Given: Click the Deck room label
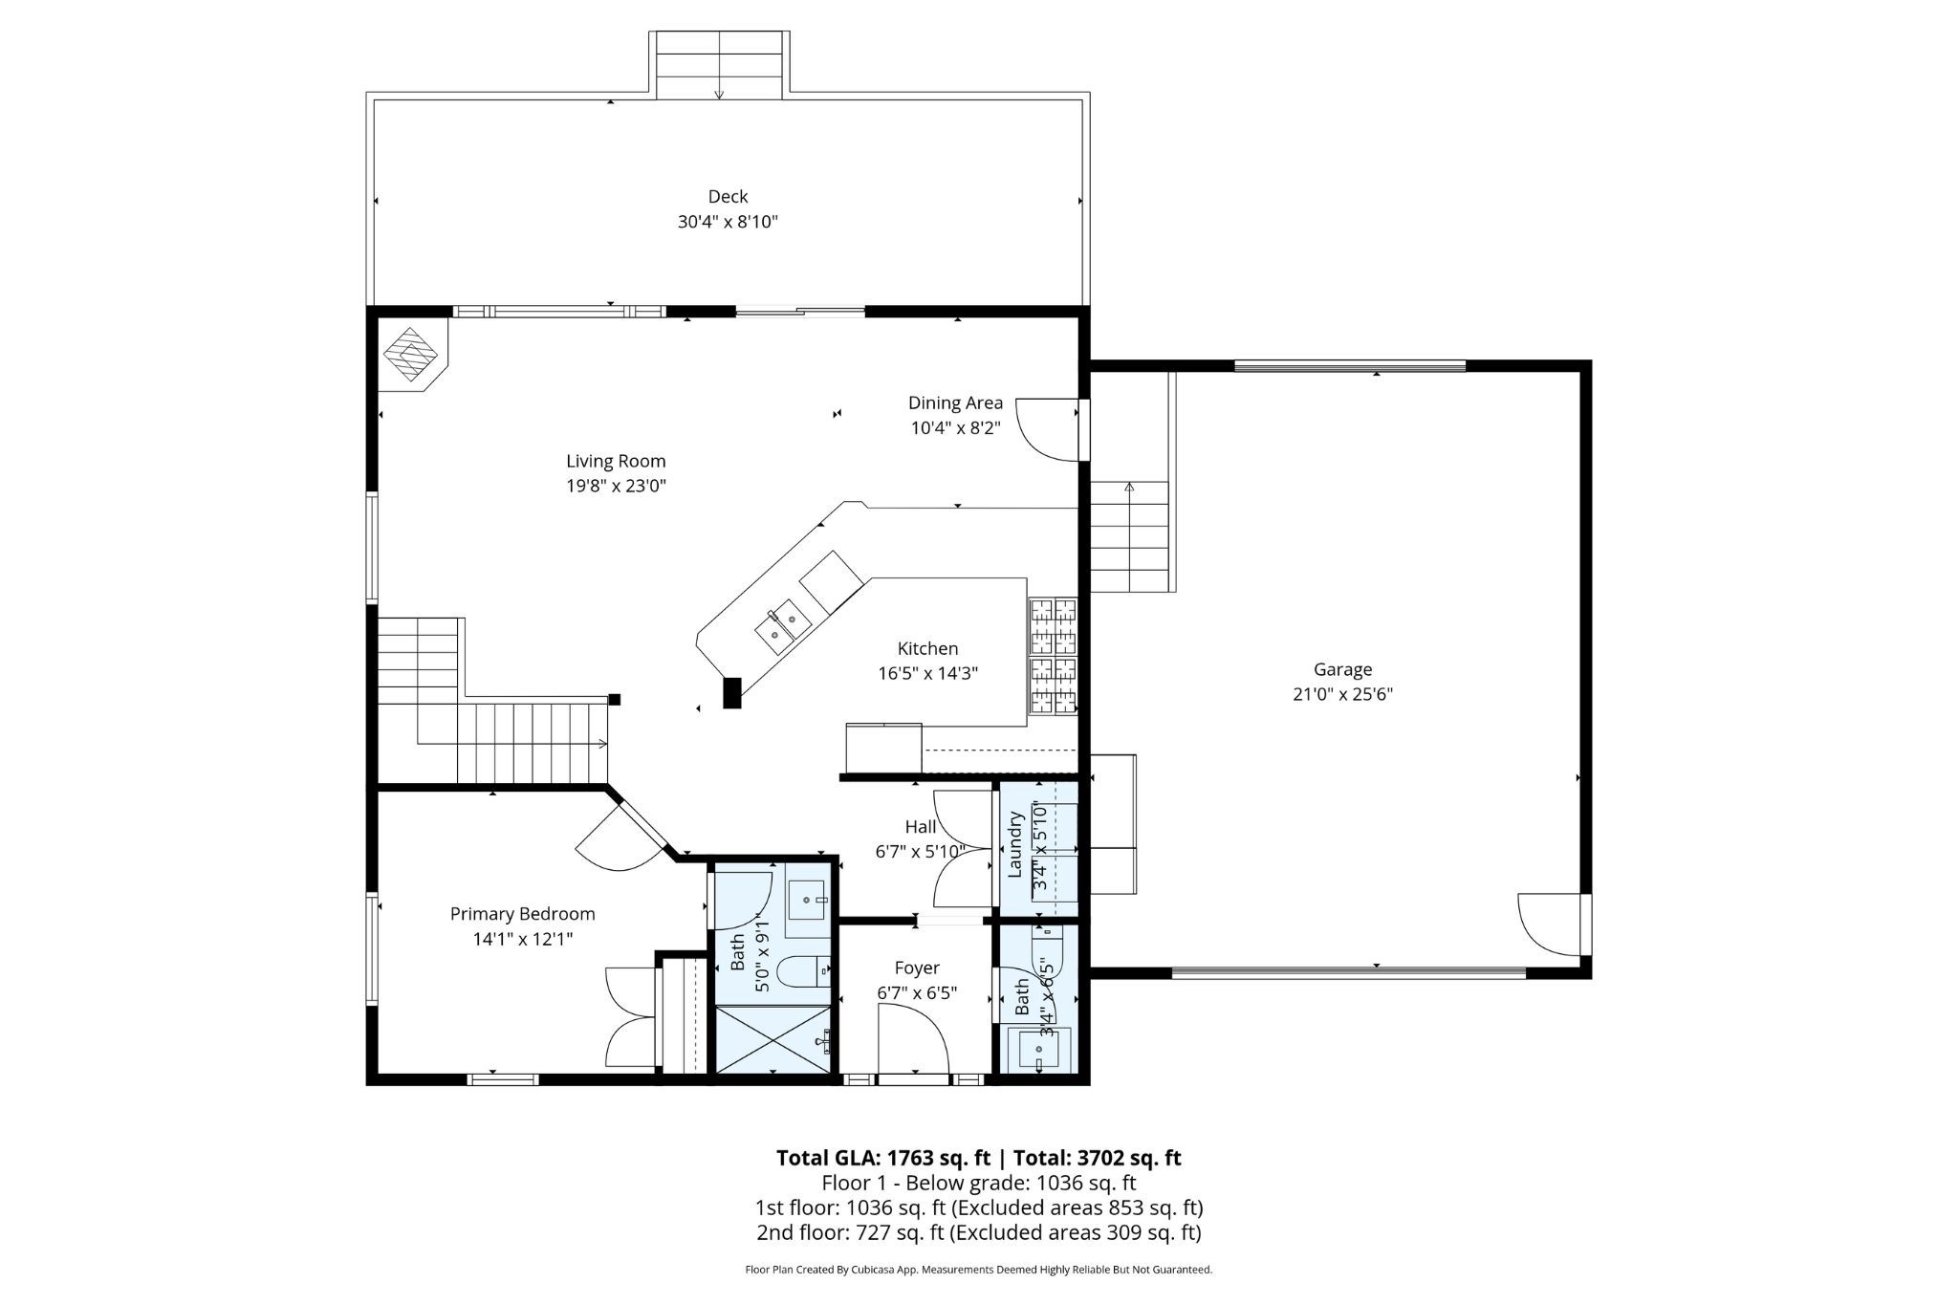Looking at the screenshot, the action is [x=728, y=196].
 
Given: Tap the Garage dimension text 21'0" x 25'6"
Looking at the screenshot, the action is [x=1342, y=695].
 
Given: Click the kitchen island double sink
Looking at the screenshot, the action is [x=783, y=625].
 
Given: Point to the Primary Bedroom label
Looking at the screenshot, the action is [x=523, y=914].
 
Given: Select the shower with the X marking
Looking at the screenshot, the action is [x=774, y=1039].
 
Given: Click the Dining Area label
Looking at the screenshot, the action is [x=955, y=402].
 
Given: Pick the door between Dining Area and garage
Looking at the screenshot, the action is [x=1050, y=429].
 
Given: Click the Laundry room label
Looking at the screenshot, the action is [x=1015, y=844].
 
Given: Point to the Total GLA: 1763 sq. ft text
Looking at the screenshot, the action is [x=882, y=1158].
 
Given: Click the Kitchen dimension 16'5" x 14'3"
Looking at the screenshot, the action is [x=927, y=673].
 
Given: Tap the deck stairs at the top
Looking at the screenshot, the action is [x=720, y=64].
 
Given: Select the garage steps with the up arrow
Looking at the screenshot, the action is [x=1129, y=535].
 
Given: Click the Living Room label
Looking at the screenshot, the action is [x=616, y=461].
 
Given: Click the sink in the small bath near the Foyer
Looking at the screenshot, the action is [x=1038, y=1050].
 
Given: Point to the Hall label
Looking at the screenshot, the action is [x=920, y=826].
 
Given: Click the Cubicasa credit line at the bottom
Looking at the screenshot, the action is [x=978, y=1270].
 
